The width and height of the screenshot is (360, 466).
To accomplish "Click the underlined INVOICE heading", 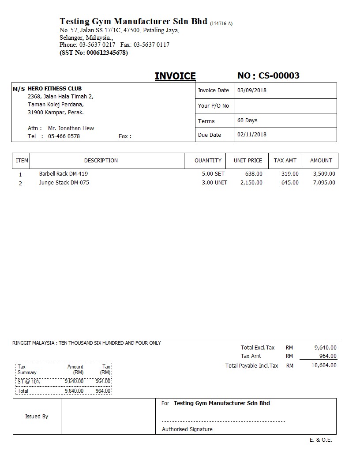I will pos(175,76).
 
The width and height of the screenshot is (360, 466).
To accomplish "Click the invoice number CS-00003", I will pos(279,75).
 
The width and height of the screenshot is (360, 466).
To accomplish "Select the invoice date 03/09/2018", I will pos(252,90).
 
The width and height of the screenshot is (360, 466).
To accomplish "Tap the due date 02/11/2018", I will pos(252,135).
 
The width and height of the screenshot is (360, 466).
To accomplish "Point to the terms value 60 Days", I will pos(247,120).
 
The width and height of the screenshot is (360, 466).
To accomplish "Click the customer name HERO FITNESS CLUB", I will pos(55,89).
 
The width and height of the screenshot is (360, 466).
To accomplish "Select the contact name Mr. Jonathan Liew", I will pos(71,128).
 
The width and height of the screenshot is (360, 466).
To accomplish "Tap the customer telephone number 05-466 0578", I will pos(64,136).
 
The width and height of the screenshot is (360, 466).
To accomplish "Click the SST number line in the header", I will pos(94,53).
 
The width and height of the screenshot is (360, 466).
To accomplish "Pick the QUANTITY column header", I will pos(208,161).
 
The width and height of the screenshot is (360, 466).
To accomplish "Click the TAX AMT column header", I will pos(285,161).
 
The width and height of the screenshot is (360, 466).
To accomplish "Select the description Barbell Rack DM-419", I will pos(63,174).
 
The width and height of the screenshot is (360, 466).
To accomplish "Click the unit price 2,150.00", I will pos(251,183).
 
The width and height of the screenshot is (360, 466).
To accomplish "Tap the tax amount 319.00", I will pos(290,174).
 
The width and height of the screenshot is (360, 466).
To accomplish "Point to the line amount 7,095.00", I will pos(324,183).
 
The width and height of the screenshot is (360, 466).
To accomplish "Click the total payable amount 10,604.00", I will pos(324,365).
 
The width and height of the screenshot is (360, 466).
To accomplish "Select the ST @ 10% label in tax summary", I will pos(29,381).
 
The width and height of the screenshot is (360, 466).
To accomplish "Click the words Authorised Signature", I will pos(187,429).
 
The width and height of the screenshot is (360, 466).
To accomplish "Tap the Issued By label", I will pos(37,417).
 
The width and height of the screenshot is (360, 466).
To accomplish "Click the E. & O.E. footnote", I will pos(321,440).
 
